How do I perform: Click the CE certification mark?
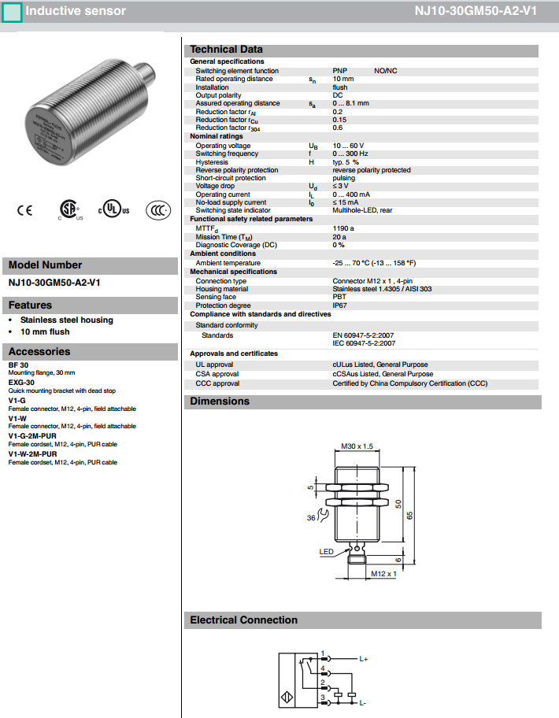click(24, 210)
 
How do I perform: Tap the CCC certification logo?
click(160, 210)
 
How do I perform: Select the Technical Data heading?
click(227, 50)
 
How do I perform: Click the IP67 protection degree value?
click(339, 305)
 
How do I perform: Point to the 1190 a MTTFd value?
click(343, 228)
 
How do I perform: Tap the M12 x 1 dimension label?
click(383, 575)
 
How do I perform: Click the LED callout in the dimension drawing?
click(326, 552)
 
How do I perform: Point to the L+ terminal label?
click(364, 658)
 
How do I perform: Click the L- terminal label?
click(363, 701)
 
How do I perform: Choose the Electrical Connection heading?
click(243, 620)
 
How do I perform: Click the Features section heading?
click(30, 305)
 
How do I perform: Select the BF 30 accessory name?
click(18, 365)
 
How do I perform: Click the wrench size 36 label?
click(312, 518)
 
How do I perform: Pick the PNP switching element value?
click(340, 71)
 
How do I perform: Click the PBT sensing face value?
click(339, 297)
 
